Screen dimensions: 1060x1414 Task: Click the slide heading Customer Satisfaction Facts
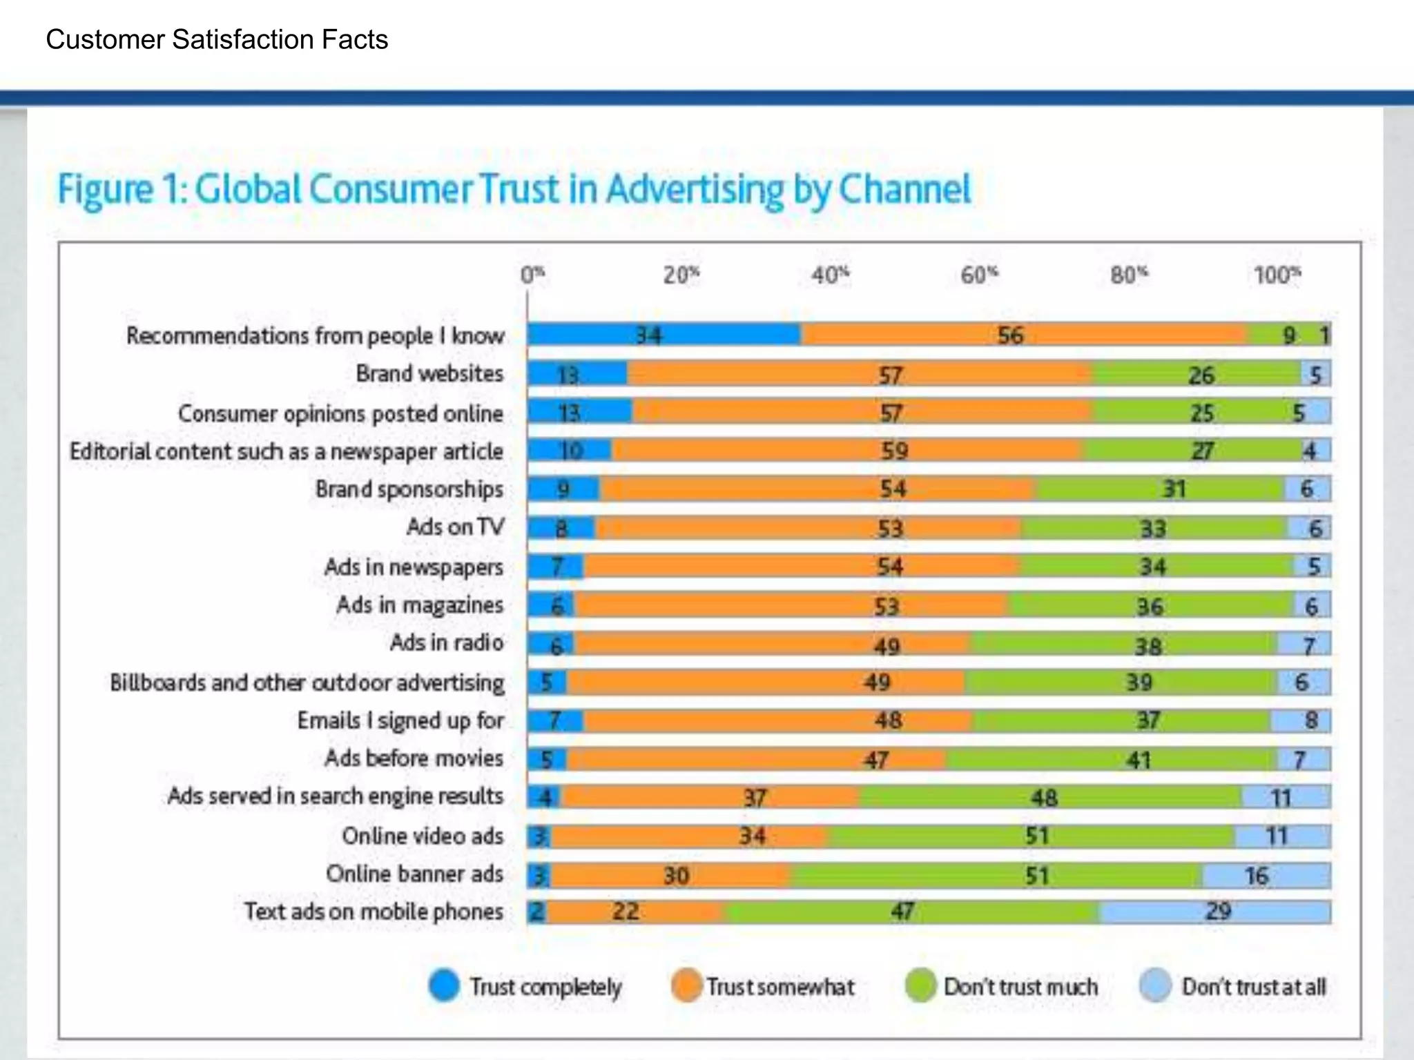217,40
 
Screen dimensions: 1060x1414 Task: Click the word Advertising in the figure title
695,190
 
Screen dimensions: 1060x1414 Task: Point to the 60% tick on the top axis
979,275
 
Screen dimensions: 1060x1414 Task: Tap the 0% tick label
532,275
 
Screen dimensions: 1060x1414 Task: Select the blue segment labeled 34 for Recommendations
663,335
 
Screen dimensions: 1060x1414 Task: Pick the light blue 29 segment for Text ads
1215,912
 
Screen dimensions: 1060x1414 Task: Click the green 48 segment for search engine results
1049,798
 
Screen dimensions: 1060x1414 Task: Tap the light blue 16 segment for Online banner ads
1265,876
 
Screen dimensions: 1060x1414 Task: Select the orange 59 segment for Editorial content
846,451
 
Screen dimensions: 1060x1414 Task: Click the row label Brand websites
429,373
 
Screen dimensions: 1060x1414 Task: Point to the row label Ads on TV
455,527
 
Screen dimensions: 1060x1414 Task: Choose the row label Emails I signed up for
400,720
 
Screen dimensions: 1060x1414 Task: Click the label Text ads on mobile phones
374,912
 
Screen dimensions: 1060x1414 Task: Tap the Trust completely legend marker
444,985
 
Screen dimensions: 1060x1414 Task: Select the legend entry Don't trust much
1020,987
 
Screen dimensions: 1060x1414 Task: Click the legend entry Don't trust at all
1253,987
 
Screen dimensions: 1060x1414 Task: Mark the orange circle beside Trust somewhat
686,985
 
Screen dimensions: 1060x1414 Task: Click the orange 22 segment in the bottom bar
635,912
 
